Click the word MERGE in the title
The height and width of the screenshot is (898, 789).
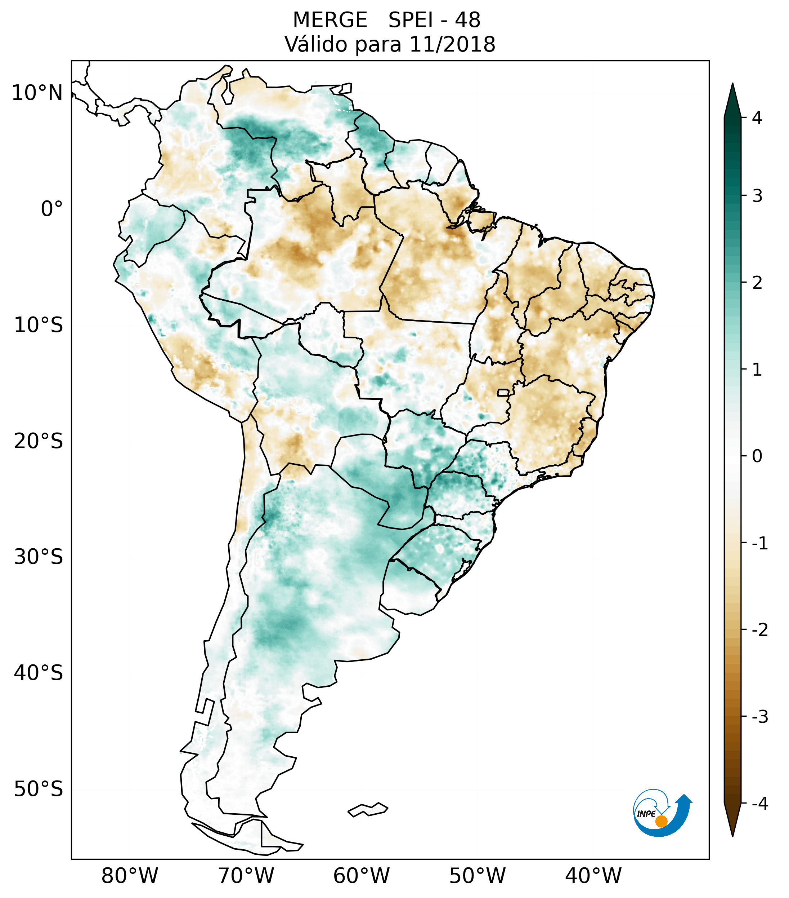coord(330,20)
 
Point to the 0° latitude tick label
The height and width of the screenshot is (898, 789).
coord(52,209)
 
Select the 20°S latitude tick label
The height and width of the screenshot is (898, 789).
coord(39,441)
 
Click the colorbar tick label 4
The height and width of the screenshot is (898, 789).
coord(757,118)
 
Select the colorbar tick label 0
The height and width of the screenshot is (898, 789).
coord(757,456)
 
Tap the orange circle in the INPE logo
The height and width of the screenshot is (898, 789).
coord(661,821)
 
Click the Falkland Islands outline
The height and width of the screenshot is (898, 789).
coord(368,809)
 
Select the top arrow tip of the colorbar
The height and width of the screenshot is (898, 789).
coord(732,84)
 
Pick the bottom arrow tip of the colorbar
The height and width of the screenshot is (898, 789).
coord(732,835)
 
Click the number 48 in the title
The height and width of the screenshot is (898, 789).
coord(467,20)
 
